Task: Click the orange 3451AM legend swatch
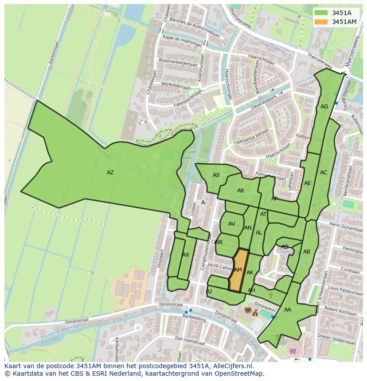(322, 22)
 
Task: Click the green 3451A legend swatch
(322, 13)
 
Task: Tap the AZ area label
(110, 173)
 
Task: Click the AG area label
(324, 107)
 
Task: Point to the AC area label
(324, 173)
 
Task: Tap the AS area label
(216, 175)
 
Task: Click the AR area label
(241, 191)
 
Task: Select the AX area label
(186, 255)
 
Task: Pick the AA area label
(288, 310)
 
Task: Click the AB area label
(307, 252)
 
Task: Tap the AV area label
(231, 224)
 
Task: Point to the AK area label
(250, 273)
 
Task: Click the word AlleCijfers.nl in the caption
(232, 366)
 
